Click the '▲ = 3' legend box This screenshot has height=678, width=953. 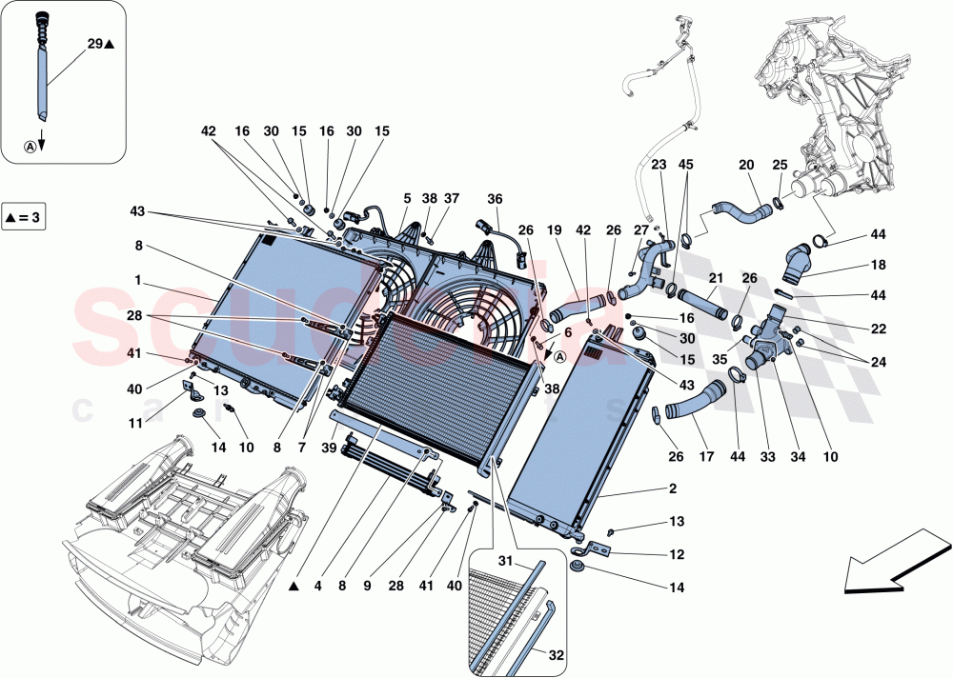(x=24, y=216)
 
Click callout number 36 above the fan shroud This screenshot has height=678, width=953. (x=494, y=199)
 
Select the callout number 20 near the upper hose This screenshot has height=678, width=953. (x=746, y=165)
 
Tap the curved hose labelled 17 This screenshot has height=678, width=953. (x=691, y=401)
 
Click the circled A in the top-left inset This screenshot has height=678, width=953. (x=30, y=147)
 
